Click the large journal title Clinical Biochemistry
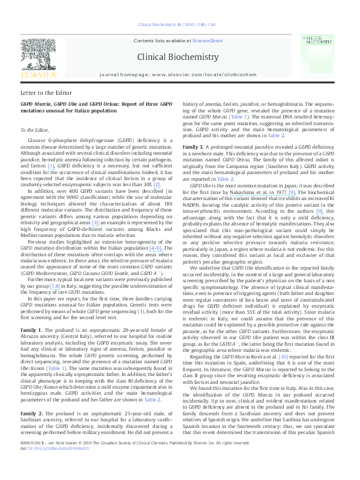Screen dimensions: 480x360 (178, 57)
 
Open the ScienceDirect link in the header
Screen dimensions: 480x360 (208, 40)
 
